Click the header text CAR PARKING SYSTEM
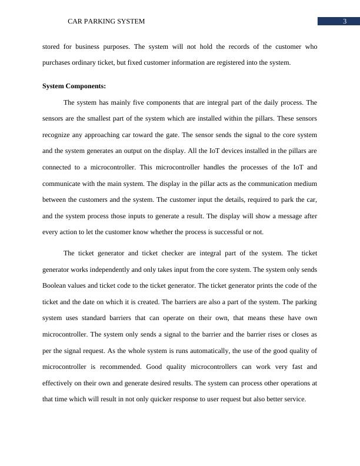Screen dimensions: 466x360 coord(106,21)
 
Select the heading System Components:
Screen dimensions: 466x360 coord(74,86)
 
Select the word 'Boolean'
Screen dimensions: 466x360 coord(57,285)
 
